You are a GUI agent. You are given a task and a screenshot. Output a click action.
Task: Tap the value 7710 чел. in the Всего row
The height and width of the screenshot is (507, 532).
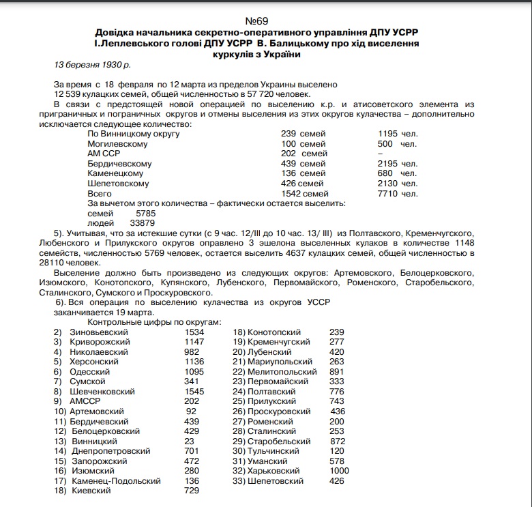click(x=398, y=194)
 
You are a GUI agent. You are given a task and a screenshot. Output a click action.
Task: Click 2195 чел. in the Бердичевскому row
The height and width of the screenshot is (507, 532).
click(x=398, y=164)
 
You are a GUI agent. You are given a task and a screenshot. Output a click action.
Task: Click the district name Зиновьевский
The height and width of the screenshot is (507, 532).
click(x=99, y=332)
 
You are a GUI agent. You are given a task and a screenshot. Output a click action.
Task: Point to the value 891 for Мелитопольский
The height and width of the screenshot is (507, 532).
click(x=337, y=372)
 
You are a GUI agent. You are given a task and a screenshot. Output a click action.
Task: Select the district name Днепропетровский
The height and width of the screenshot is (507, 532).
click(x=110, y=451)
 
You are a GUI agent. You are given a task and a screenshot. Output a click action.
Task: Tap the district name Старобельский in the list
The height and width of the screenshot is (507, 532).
click(x=274, y=441)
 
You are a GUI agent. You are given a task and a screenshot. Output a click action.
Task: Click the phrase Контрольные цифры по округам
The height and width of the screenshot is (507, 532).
click(x=154, y=321)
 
